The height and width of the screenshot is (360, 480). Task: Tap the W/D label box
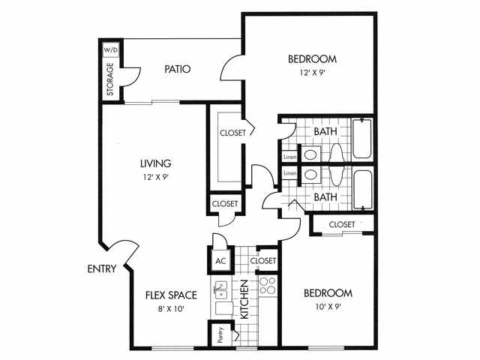pyautogui.click(x=111, y=49)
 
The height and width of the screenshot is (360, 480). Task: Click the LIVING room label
pyautogui.click(x=156, y=163)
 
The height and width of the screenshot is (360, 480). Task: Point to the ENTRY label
pyautogui.click(x=101, y=269)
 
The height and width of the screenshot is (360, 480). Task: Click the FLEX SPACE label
pyautogui.click(x=171, y=295)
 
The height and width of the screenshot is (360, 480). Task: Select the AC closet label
pyautogui.click(x=220, y=261)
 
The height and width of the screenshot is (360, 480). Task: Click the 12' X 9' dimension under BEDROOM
pyautogui.click(x=312, y=73)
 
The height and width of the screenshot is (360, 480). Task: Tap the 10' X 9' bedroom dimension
pyautogui.click(x=328, y=306)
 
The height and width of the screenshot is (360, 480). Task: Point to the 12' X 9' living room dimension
pyautogui.click(x=156, y=178)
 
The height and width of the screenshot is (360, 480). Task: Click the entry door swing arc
pyautogui.click(x=120, y=251)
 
